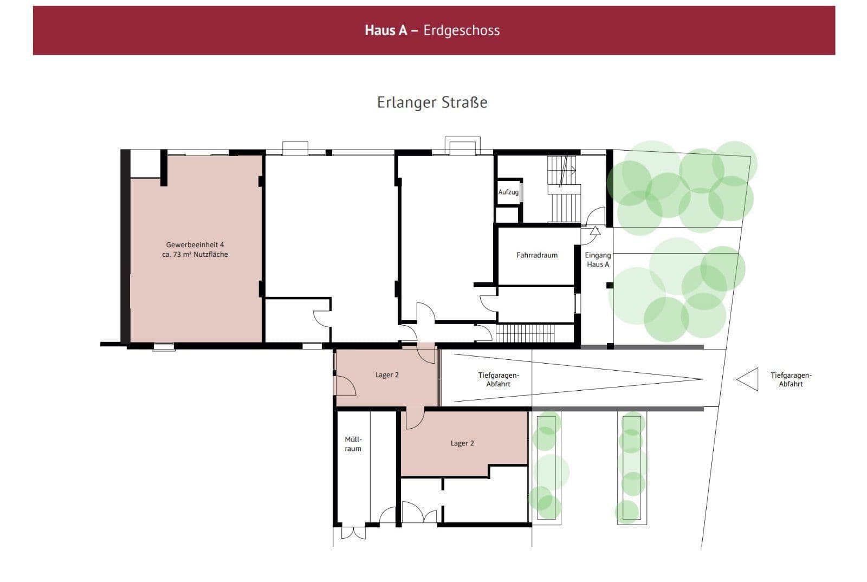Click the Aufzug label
(508, 192)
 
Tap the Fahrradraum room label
(536, 255)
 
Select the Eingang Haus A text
(598, 260)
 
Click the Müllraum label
(353, 444)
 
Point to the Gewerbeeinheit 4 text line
(195, 244)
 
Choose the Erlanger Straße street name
(432, 102)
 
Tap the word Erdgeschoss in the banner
(461, 30)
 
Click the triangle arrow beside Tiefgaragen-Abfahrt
(748, 379)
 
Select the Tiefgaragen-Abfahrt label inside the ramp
(499, 379)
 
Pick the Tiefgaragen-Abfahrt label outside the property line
(791, 379)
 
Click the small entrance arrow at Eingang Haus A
(595, 231)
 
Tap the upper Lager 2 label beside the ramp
(387, 374)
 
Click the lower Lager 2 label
(462, 443)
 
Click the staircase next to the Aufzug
(564, 190)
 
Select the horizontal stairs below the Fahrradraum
(525, 333)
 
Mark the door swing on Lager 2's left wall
(345, 385)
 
